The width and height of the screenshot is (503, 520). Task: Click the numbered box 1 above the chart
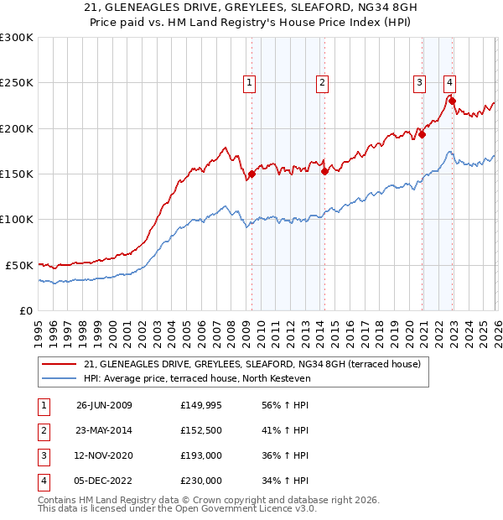click(x=251, y=82)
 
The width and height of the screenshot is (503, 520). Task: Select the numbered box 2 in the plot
click(x=322, y=82)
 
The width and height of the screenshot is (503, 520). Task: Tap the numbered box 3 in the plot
click(x=419, y=82)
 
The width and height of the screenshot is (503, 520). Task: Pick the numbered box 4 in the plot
click(x=450, y=82)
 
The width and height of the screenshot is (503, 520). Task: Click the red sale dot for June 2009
click(x=251, y=174)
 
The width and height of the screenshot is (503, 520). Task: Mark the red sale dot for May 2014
click(x=324, y=172)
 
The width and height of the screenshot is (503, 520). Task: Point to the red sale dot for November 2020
click(x=423, y=134)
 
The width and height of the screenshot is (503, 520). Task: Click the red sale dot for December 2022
click(x=453, y=101)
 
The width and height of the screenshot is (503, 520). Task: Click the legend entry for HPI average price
click(x=197, y=379)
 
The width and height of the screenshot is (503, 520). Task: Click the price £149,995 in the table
click(x=201, y=405)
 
